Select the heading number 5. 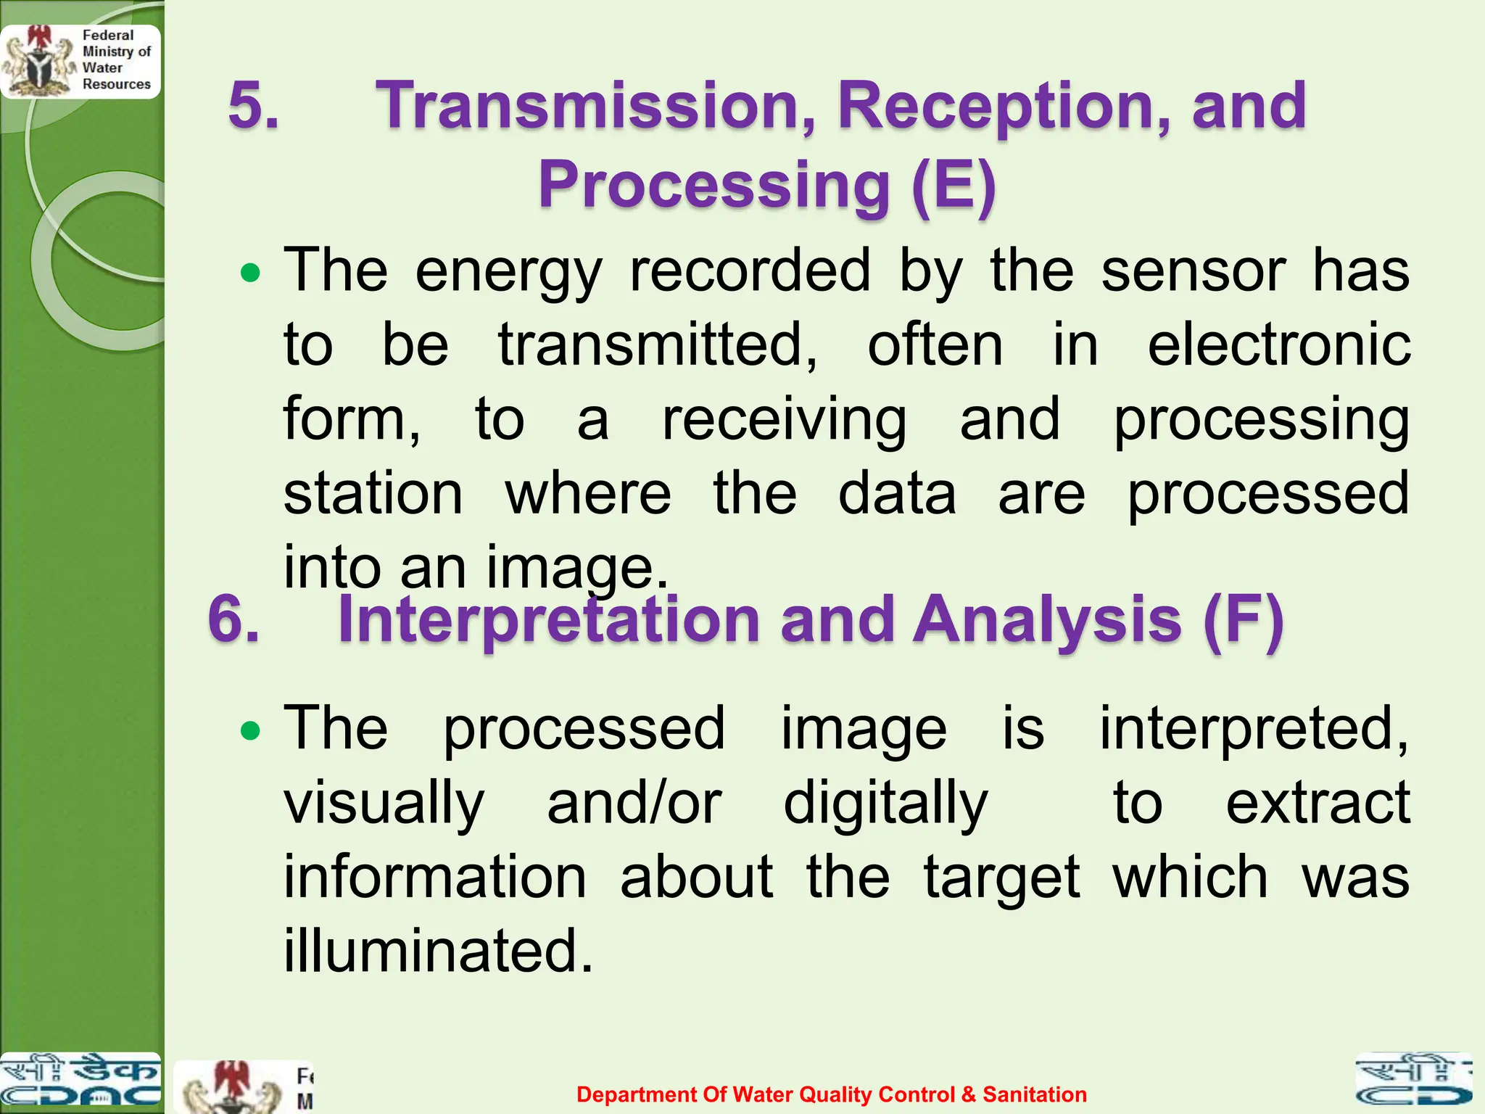[x=253, y=107]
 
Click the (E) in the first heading [x=954, y=185]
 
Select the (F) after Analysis [x=1243, y=620]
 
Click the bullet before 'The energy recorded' [x=250, y=273]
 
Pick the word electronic [x=1279, y=345]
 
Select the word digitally [x=885, y=805]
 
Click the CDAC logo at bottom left [x=80, y=1082]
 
